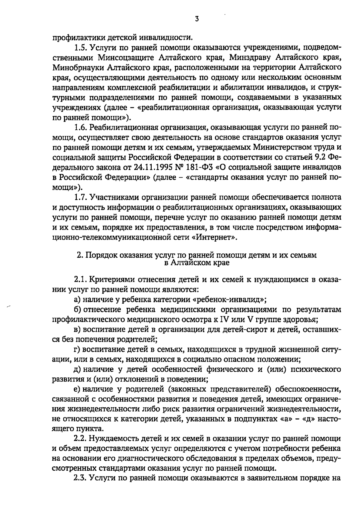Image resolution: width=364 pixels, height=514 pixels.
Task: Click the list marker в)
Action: pyautogui.click(x=77, y=329)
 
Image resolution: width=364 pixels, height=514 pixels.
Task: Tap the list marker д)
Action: pyautogui.click(x=77, y=369)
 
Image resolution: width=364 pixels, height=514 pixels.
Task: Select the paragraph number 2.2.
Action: pyautogui.click(x=81, y=439)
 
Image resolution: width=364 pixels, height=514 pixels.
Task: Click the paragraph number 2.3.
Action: pyautogui.click(x=81, y=479)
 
